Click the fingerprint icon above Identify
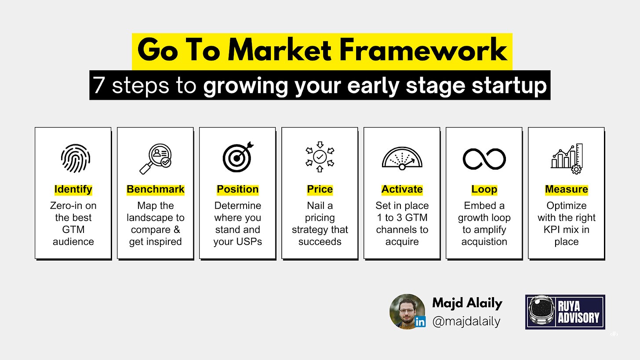pyautogui.click(x=76, y=159)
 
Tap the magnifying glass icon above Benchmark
pyautogui.click(x=156, y=159)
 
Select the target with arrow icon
pyautogui.click(x=238, y=157)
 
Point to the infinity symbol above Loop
pyautogui.click(x=484, y=159)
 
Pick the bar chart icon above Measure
pyautogui.click(x=567, y=159)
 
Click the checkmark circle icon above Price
pyautogui.click(x=320, y=156)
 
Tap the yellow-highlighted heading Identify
pyautogui.click(x=73, y=189)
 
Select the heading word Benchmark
pyautogui.click(x=156, y=189)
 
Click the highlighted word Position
pyautogui.click(x=237, y=189)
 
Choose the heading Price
pyautogui.click(x=320, y=189)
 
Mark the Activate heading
pyautogui.click(x=402, y=189)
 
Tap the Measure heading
pyautogui.click(x=567, y=189)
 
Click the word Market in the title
pyautogui.click(x=280, y=50)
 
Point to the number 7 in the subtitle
pyautogui.click(x=98, y=85)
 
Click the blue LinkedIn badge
pyautogui.click(x=420, y=322)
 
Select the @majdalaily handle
pyautogui.click(x=466, y=322)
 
